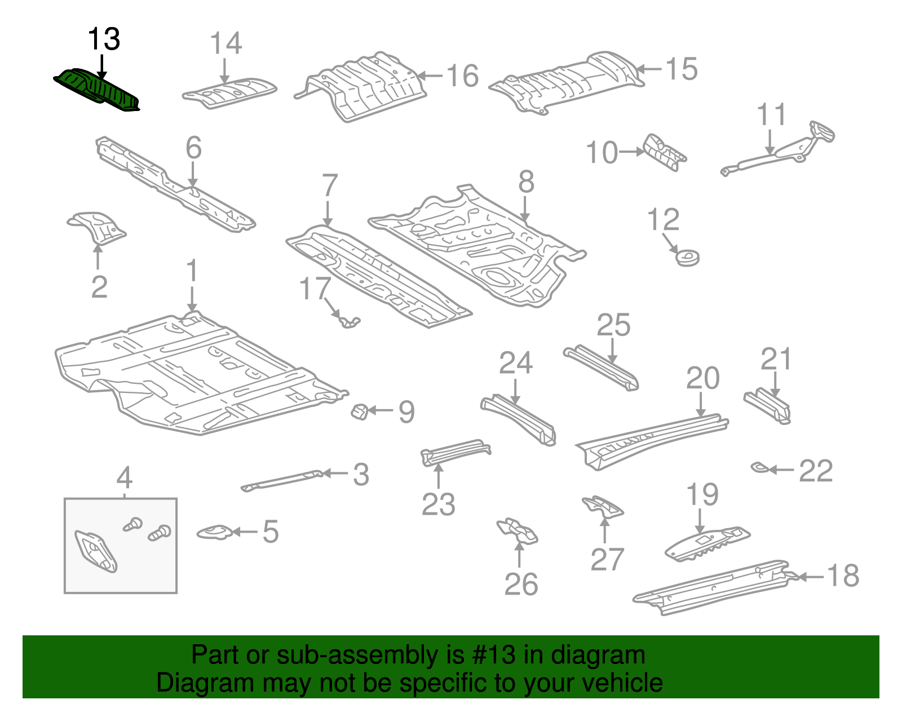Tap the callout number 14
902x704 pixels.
226,43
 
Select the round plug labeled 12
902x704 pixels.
687,258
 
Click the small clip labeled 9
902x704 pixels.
360,411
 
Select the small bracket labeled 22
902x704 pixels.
759,467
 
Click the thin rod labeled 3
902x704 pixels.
282,480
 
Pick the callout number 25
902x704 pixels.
613,325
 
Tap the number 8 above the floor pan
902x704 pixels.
525,183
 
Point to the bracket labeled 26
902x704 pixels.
518,531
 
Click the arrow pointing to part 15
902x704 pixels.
649,69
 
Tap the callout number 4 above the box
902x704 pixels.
124,478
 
